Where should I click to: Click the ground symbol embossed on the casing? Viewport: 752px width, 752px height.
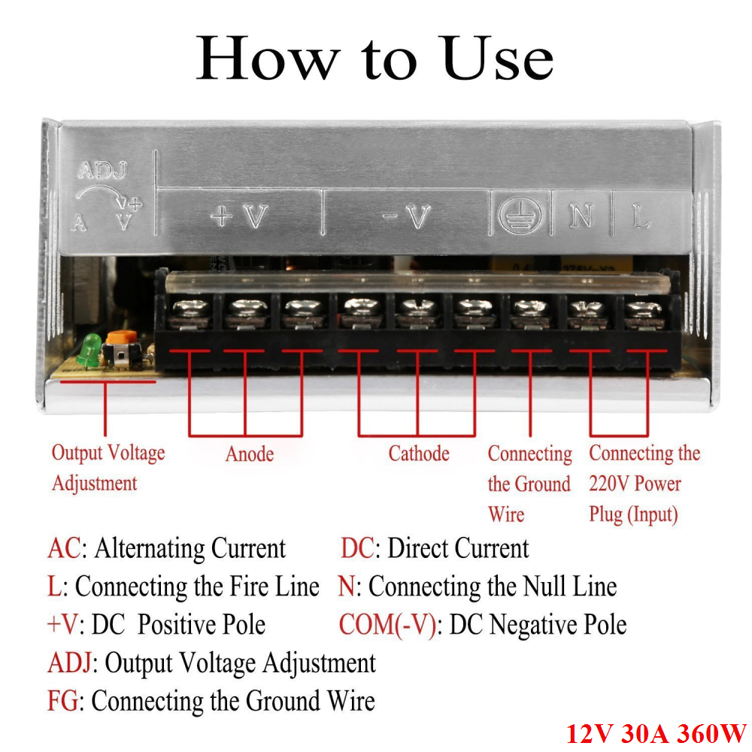coord(520,215)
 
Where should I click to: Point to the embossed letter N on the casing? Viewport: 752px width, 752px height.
coord(581,216)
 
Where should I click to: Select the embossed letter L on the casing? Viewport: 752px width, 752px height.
coord(641,217)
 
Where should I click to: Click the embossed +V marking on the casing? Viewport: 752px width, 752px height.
coord(239,217)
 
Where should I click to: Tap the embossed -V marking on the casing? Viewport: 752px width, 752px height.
coord(407,217)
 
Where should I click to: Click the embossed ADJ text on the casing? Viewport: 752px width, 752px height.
coord(103,170)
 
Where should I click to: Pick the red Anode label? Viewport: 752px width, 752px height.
coord(250,453)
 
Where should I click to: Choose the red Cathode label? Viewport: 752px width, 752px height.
coord(419,453)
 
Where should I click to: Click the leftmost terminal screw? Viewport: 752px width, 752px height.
coord(190,312)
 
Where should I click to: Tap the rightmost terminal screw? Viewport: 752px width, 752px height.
coord(644,313)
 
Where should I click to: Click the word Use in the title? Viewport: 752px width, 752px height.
coord(499,58)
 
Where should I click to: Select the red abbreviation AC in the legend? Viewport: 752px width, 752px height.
coord(64,548)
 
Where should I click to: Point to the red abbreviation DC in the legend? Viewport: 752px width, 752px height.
coord(356,548)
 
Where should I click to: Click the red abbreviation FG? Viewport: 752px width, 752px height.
coord(62,701)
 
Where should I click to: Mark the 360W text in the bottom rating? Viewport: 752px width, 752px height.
coord(711,733)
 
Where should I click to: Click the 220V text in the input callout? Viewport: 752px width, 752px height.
coord(608,484)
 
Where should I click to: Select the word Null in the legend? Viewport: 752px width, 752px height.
coord(544,587)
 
